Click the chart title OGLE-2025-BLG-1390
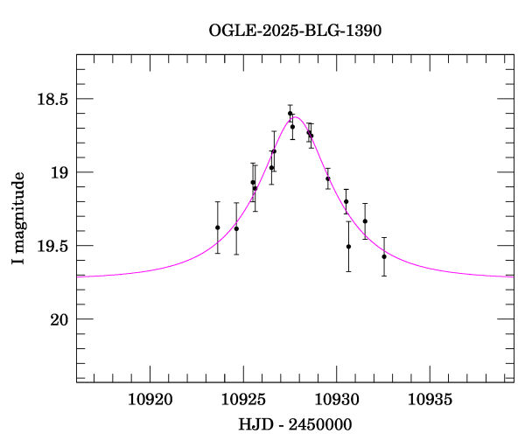point(295,30)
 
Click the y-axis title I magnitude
point(18,219)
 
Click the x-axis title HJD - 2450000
point(295,424)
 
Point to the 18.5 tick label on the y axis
point(52,99)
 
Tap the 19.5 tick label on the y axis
point(52,246)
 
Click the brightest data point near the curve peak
point(290,113)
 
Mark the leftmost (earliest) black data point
point(217,227)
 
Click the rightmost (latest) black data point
point(384,256)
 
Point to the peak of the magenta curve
point(296,117)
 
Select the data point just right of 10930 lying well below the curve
point(348,247)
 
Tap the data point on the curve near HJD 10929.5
point(328,178)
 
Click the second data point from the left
point(236,228)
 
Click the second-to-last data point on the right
point(365,221)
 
